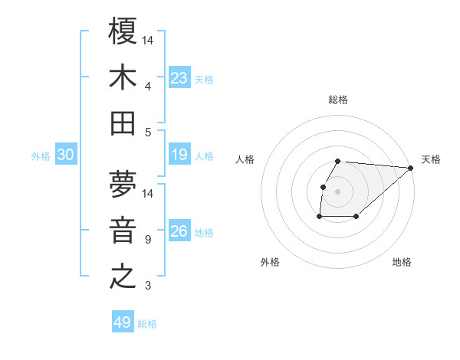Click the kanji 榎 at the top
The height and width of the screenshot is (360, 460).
point(123,33)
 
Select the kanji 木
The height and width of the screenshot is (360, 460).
point(123,78)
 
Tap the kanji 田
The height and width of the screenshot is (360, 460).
point(123,123)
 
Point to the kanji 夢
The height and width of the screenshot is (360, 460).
point(123,186)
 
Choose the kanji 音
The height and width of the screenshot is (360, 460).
point(123,231)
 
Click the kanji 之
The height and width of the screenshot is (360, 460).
point(123,277)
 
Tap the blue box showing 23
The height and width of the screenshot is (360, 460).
point(179,78)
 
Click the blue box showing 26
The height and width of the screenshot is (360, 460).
point(179,231)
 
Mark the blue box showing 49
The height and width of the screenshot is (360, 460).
point(123,322)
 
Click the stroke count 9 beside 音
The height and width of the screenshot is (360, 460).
point(148,240)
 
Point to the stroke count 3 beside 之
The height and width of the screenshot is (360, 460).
point(148,286)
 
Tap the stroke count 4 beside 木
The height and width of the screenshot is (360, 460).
point(148,86)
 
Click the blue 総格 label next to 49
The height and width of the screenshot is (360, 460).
point(147,324)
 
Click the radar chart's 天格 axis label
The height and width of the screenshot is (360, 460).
point(431,159)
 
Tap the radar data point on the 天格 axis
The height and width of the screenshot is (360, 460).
point(411,168)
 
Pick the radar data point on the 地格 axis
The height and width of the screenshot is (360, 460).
point(356,217)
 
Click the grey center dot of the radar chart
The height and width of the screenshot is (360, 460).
point(338,191)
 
